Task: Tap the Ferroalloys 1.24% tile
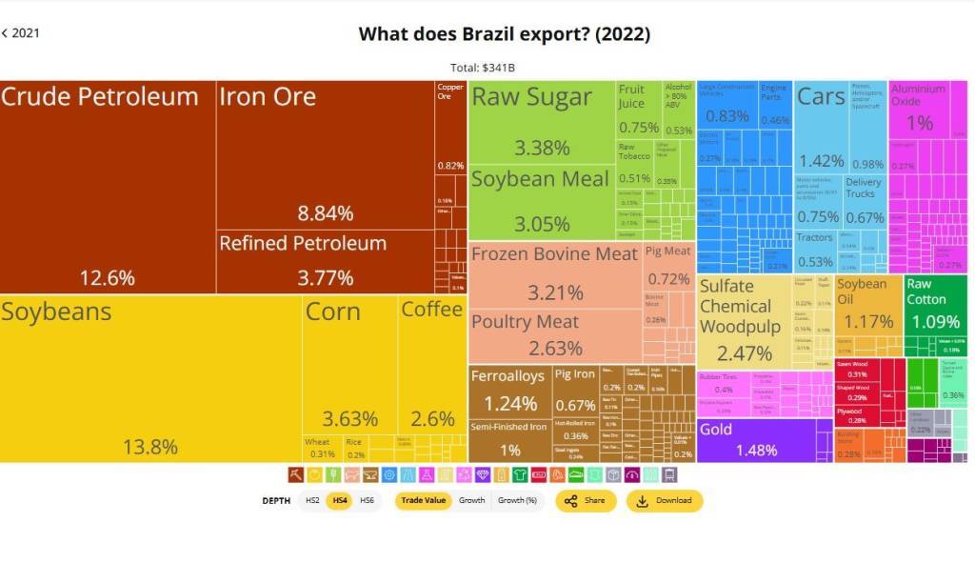(508, 391)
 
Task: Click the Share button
(586, 501)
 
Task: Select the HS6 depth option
(367, 501)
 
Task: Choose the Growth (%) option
(517, 501)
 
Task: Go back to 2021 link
(21, 33)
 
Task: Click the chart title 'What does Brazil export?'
(504, 34)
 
